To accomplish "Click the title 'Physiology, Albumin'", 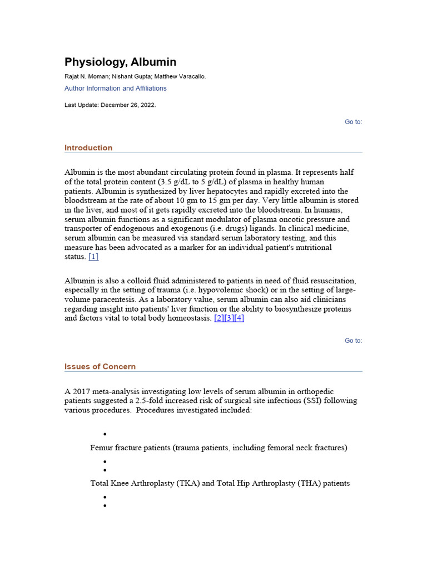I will point(120,62).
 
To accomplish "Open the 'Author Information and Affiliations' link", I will point(115,89).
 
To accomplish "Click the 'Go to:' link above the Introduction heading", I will point(353,122).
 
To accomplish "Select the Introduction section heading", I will point(88,148).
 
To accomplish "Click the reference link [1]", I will point(93,257).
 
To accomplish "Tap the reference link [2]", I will point(219,318).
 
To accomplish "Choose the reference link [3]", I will point(229,318).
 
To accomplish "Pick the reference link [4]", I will point(239,318).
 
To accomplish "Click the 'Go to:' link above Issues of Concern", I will point(353,341).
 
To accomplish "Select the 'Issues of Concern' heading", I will point(100,366).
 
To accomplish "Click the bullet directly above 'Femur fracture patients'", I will point(105,434).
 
